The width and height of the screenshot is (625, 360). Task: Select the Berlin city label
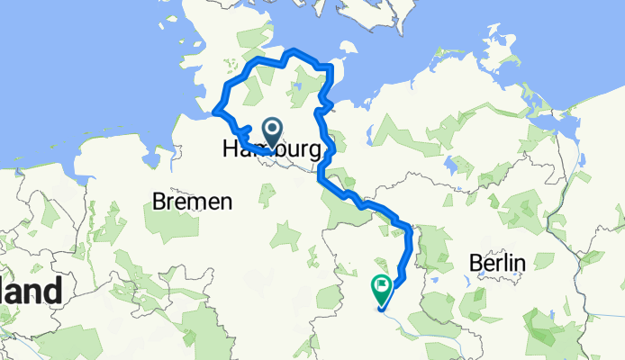pyautogui.click(x=497, y=263)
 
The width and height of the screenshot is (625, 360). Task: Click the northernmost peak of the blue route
pyautogui.click(x=293, y=50)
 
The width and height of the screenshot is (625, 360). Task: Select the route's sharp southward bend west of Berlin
pyautogui.click(x=411, y=229)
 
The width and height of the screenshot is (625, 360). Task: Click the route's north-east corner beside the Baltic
pyautogui.click(x=331, y=67)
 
